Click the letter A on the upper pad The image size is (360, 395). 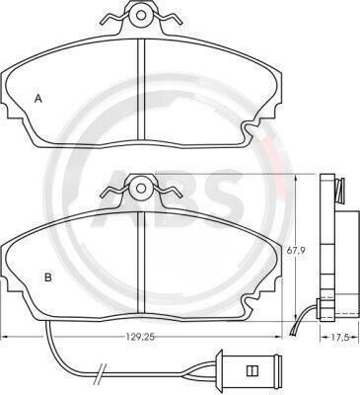click(38, 99)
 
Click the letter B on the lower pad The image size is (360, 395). click(48, 277)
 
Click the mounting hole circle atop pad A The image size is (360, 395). click(141, 15)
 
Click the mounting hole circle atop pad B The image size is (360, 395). click(141, 188)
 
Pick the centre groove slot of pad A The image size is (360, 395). click(141, 89)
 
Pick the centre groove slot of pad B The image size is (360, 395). click(141, 262)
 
